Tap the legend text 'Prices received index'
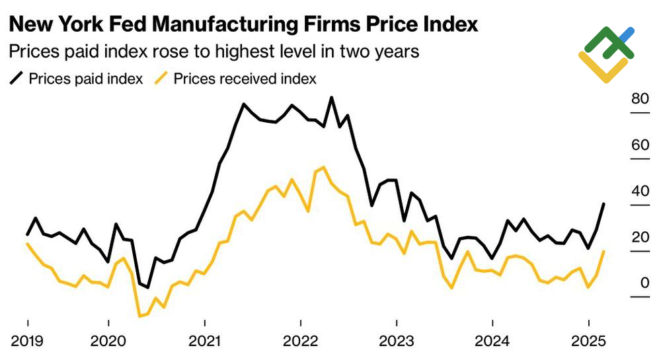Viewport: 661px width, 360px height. click(245, 79)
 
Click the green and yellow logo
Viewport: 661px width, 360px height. click(606, 54)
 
